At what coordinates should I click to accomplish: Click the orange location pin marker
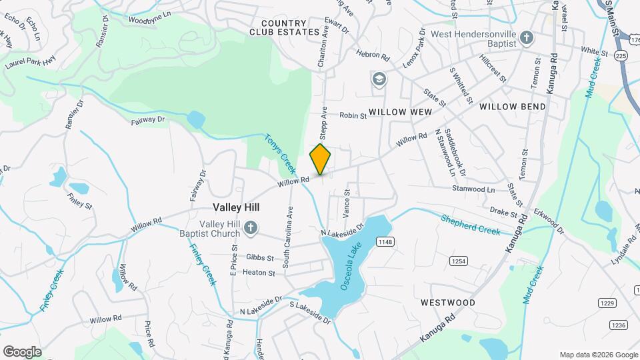pos(321,159)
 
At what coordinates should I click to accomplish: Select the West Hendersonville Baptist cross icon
pos(527,38)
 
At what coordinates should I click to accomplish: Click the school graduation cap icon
pos(379,80)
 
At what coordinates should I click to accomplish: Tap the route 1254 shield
pos(457,260)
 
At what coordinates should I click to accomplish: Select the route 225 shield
pos(620,57)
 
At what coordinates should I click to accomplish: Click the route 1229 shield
pos(607,304)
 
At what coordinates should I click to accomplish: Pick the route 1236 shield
pos(619,325)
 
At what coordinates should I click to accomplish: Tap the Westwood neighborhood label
pos(448,303)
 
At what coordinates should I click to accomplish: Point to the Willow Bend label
pos(512,106)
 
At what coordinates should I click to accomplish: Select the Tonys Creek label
pos(279,153)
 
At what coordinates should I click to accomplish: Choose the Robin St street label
pos(353,115)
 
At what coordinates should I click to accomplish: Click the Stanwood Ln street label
pos(473,189)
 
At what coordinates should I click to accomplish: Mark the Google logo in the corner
pos(22,351)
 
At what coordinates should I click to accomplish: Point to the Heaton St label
pos(259,273)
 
